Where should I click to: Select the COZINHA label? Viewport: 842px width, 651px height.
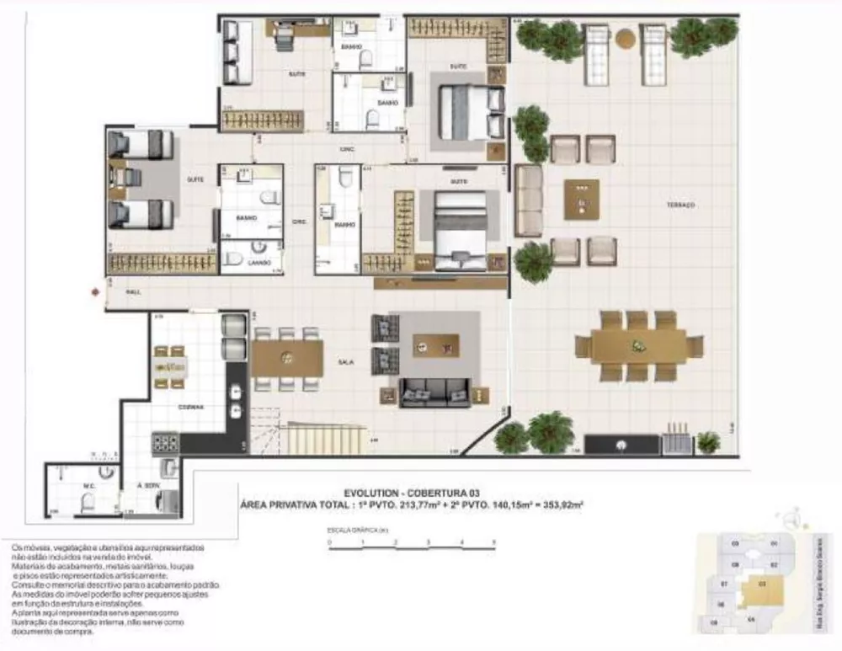(189, 406)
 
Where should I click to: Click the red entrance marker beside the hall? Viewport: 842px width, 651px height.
(95, 292)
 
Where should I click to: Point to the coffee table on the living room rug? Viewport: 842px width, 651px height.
(435, 345)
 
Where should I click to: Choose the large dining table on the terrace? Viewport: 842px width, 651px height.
(639, 346)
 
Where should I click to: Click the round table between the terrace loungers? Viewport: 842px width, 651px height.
(626, 39)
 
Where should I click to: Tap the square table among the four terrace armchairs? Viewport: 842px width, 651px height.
(582, 200)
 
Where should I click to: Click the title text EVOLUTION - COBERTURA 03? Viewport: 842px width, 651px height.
(410, 494)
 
